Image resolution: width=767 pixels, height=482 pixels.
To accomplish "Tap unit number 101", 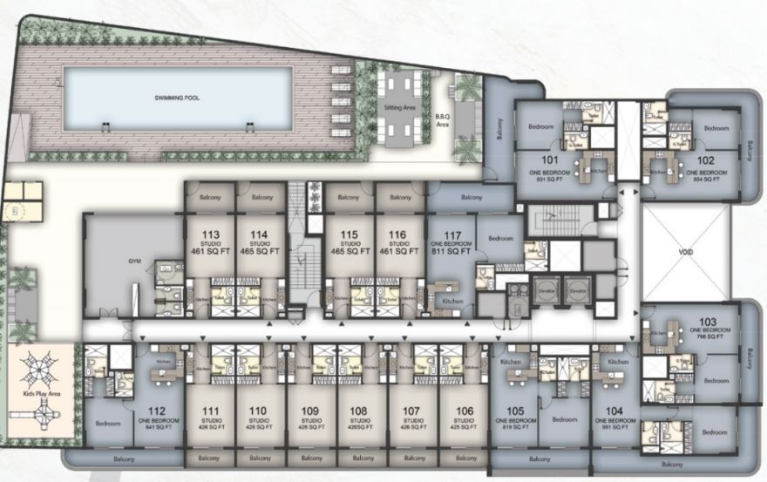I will click(x=549, y=160).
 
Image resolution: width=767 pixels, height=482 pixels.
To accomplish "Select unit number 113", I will click(x=210, y=234).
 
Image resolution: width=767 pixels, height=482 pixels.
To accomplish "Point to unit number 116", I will click(x=398, y=234).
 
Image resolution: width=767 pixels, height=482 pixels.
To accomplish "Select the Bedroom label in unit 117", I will click(x=500, y=237).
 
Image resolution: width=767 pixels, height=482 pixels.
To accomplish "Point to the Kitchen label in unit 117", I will click(x=451, y=301).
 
